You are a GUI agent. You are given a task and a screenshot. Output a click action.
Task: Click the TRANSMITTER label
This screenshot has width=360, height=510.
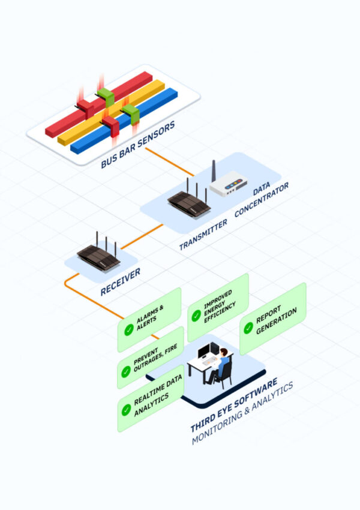(x=203, y=234)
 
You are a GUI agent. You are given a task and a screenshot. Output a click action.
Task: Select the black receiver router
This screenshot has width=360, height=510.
(x=98, y=254)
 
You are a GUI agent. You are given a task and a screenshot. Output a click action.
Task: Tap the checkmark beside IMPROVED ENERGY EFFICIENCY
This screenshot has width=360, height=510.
(x=196, y=316)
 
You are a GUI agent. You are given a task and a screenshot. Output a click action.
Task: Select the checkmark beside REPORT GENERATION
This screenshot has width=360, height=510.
(x=248, y=328)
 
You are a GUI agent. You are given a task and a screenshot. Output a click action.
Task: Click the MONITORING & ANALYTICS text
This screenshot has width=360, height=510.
(x=243, y=414)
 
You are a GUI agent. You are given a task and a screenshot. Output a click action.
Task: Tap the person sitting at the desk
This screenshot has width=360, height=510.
(x=220, y=364)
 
